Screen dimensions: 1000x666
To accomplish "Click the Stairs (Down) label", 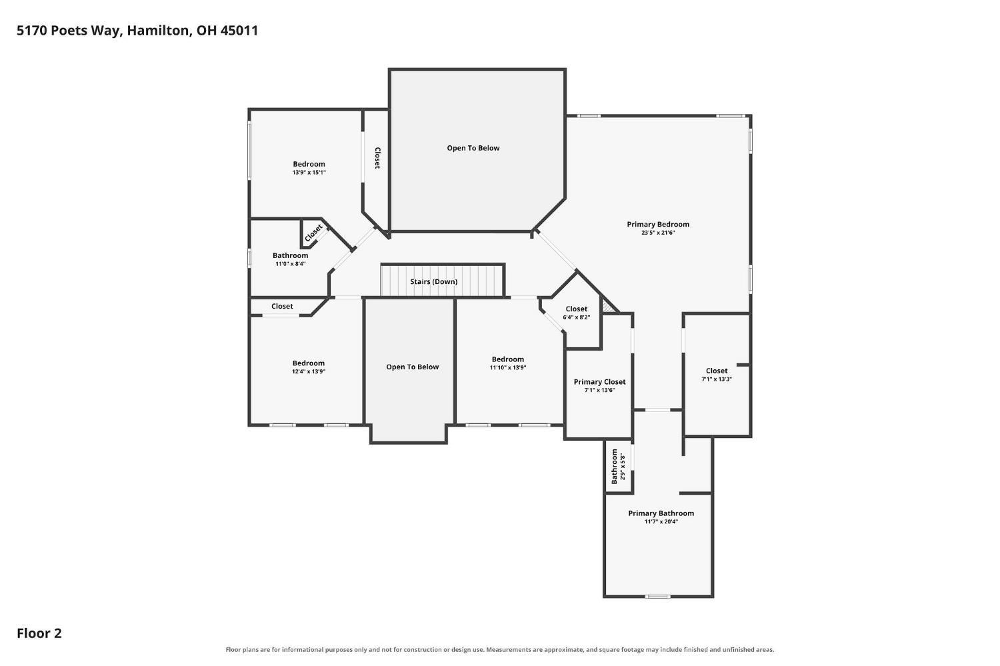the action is [x=433, y=281].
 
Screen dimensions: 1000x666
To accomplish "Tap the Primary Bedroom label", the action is [x=657, y=225].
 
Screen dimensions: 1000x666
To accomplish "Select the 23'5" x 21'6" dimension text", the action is [x=657, y=233].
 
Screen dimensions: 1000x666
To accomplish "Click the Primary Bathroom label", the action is [x=661, y=513].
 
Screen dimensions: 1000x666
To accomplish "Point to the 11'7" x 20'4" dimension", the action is [x=661, y=521].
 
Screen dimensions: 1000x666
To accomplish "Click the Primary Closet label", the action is [x=599, y=381].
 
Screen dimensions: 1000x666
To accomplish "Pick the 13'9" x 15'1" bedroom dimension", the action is [x=309, y=172].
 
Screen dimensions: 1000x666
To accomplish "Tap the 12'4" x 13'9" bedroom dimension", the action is [x=309, y=371].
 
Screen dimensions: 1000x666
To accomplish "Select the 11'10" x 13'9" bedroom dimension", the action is [x=507, y=367].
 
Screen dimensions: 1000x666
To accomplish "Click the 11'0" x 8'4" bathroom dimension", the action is [x=290, y=264].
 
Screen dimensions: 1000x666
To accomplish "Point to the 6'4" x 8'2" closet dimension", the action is [x=576, y=317].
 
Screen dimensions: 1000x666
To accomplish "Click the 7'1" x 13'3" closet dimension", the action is [x=716, y=379].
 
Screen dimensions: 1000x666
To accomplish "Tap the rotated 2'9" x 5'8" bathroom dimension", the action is [x=622, y=467].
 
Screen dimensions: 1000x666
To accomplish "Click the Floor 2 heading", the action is [x=39, y=633].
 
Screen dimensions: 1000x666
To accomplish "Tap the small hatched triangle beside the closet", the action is [x=607, y=306].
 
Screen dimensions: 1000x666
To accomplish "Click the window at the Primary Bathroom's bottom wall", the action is [x=657, y=597].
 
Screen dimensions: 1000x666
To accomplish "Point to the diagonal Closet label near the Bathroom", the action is [x=313, y=233].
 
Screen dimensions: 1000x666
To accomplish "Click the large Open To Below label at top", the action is [x=473, y=148].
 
